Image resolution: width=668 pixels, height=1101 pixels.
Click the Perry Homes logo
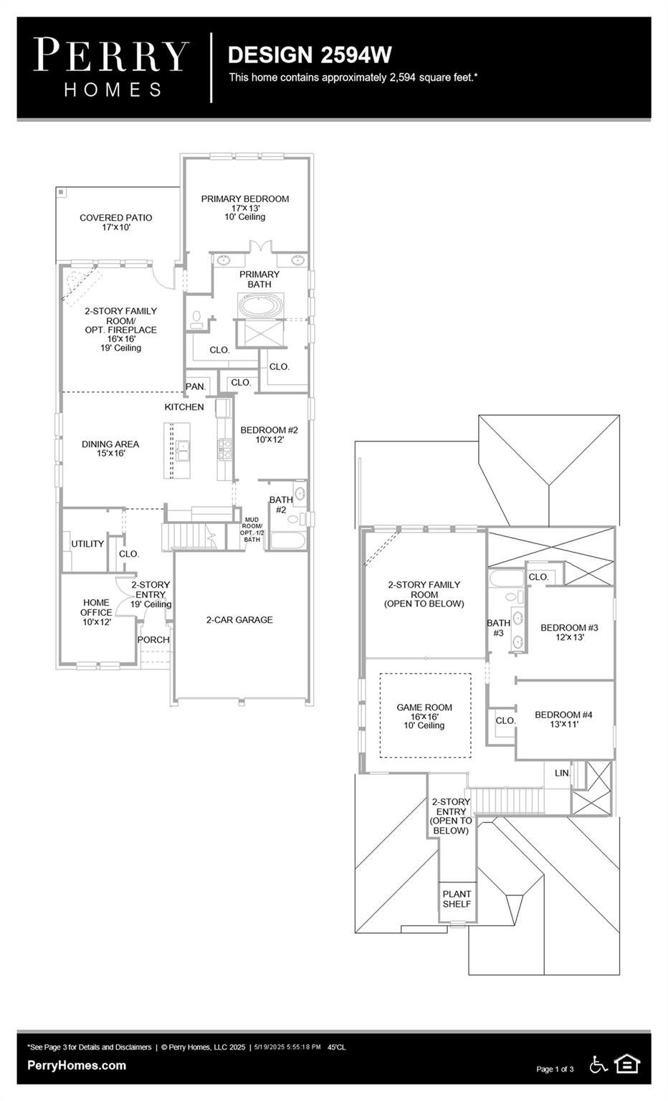point(112,68)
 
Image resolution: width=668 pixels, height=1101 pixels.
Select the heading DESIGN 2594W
point(310,55)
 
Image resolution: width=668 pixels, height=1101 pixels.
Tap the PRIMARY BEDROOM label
point(245,199)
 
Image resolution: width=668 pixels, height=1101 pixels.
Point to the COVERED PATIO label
point(116,218)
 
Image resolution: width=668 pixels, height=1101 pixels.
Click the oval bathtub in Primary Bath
point(261,305)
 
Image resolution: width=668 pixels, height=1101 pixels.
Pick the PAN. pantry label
point(196,387)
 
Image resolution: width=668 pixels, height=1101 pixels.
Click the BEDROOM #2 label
point(269,430)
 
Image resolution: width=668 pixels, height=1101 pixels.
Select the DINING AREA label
point(110,444)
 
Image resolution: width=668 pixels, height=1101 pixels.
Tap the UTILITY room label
point(87,543)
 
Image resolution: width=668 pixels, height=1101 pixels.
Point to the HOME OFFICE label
point(96,608)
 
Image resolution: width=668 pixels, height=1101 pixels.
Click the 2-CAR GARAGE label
point(239,620)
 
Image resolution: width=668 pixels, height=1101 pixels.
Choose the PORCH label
point(153,639)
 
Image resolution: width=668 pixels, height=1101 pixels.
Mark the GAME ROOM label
point(424,707)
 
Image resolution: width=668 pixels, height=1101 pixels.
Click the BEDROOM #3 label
point(569,628)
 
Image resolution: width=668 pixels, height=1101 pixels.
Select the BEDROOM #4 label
point(564,715)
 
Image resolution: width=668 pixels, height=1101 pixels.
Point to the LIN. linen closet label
point(563,773)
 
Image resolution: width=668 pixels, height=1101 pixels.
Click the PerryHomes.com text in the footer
point(77,1065)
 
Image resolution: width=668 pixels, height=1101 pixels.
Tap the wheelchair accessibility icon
point(598,1064)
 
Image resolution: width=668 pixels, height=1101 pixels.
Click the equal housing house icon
point(627,1064)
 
